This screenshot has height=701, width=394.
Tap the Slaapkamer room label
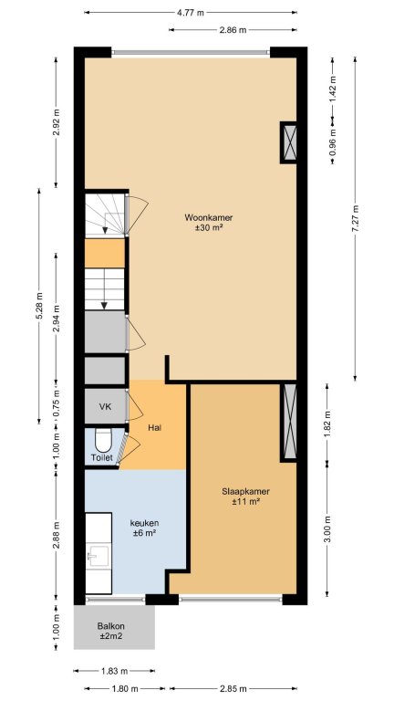245,491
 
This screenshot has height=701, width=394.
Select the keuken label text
144,523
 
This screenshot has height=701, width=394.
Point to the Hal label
154,427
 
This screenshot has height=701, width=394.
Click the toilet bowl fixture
104,440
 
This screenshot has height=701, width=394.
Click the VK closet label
106,407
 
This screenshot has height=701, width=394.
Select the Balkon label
110,626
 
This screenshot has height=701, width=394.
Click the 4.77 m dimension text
191,13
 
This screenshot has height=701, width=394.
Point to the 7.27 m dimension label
355,218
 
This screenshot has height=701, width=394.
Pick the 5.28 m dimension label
38,306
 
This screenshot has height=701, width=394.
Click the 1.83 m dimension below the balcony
114,671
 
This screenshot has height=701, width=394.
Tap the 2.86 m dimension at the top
233,30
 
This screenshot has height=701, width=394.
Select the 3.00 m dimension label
327,529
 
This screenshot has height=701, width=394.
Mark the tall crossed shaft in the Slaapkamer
289,421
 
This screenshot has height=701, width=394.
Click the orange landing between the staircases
105,253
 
